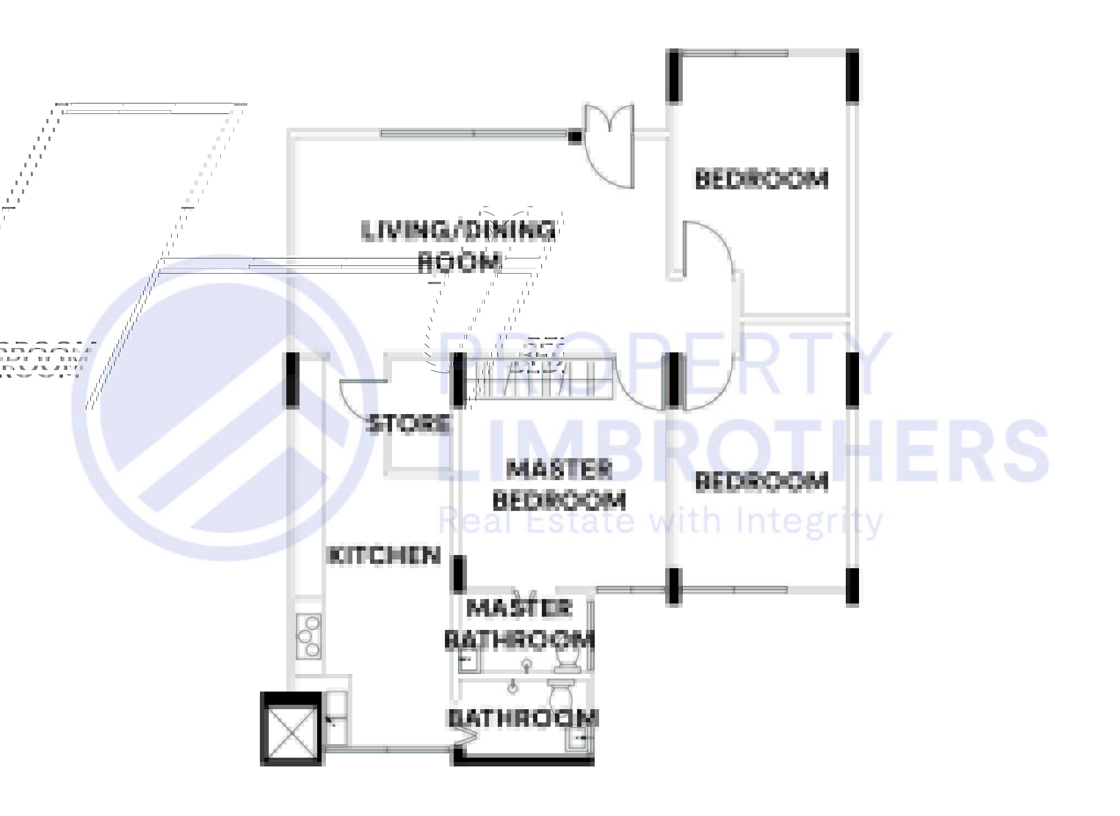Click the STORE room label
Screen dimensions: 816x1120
408,424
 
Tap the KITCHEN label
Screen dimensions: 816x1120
384,556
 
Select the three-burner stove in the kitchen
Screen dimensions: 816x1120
308,637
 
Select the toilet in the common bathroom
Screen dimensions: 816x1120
561,697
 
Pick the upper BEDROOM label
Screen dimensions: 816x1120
762,179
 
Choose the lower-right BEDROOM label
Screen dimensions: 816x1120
762,482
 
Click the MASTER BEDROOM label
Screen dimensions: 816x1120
559,485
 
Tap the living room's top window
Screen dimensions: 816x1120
474,133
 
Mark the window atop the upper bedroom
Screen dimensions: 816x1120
735,53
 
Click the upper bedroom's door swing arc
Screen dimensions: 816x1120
710,248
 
